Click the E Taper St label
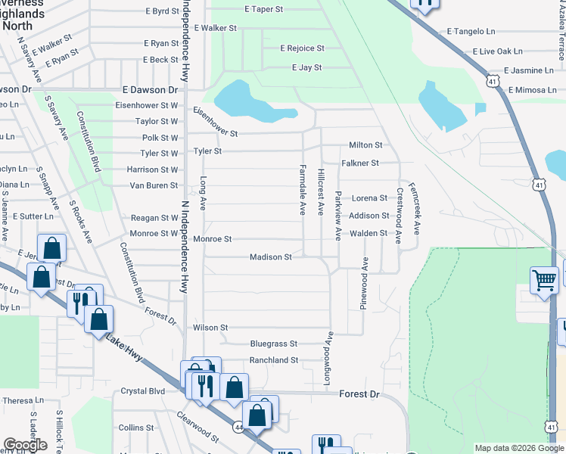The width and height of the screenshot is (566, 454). pos(263,9)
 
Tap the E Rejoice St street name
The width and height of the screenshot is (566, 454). pos(302,48)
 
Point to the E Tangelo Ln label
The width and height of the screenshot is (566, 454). pos(471,31)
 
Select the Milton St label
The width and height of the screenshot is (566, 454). pos(365,145)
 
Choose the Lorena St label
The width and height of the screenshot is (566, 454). pos(369,197)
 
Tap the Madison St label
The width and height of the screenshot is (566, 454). pos(271,257)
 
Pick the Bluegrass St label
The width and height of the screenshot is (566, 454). pos(274,343)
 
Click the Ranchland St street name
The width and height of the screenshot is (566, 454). pos(274,360)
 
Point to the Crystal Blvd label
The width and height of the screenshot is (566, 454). pos(142,391)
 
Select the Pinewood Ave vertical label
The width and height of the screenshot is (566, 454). pos(365,283)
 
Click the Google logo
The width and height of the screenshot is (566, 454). pos(25,445)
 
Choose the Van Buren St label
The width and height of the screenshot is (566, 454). pos(154,185)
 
